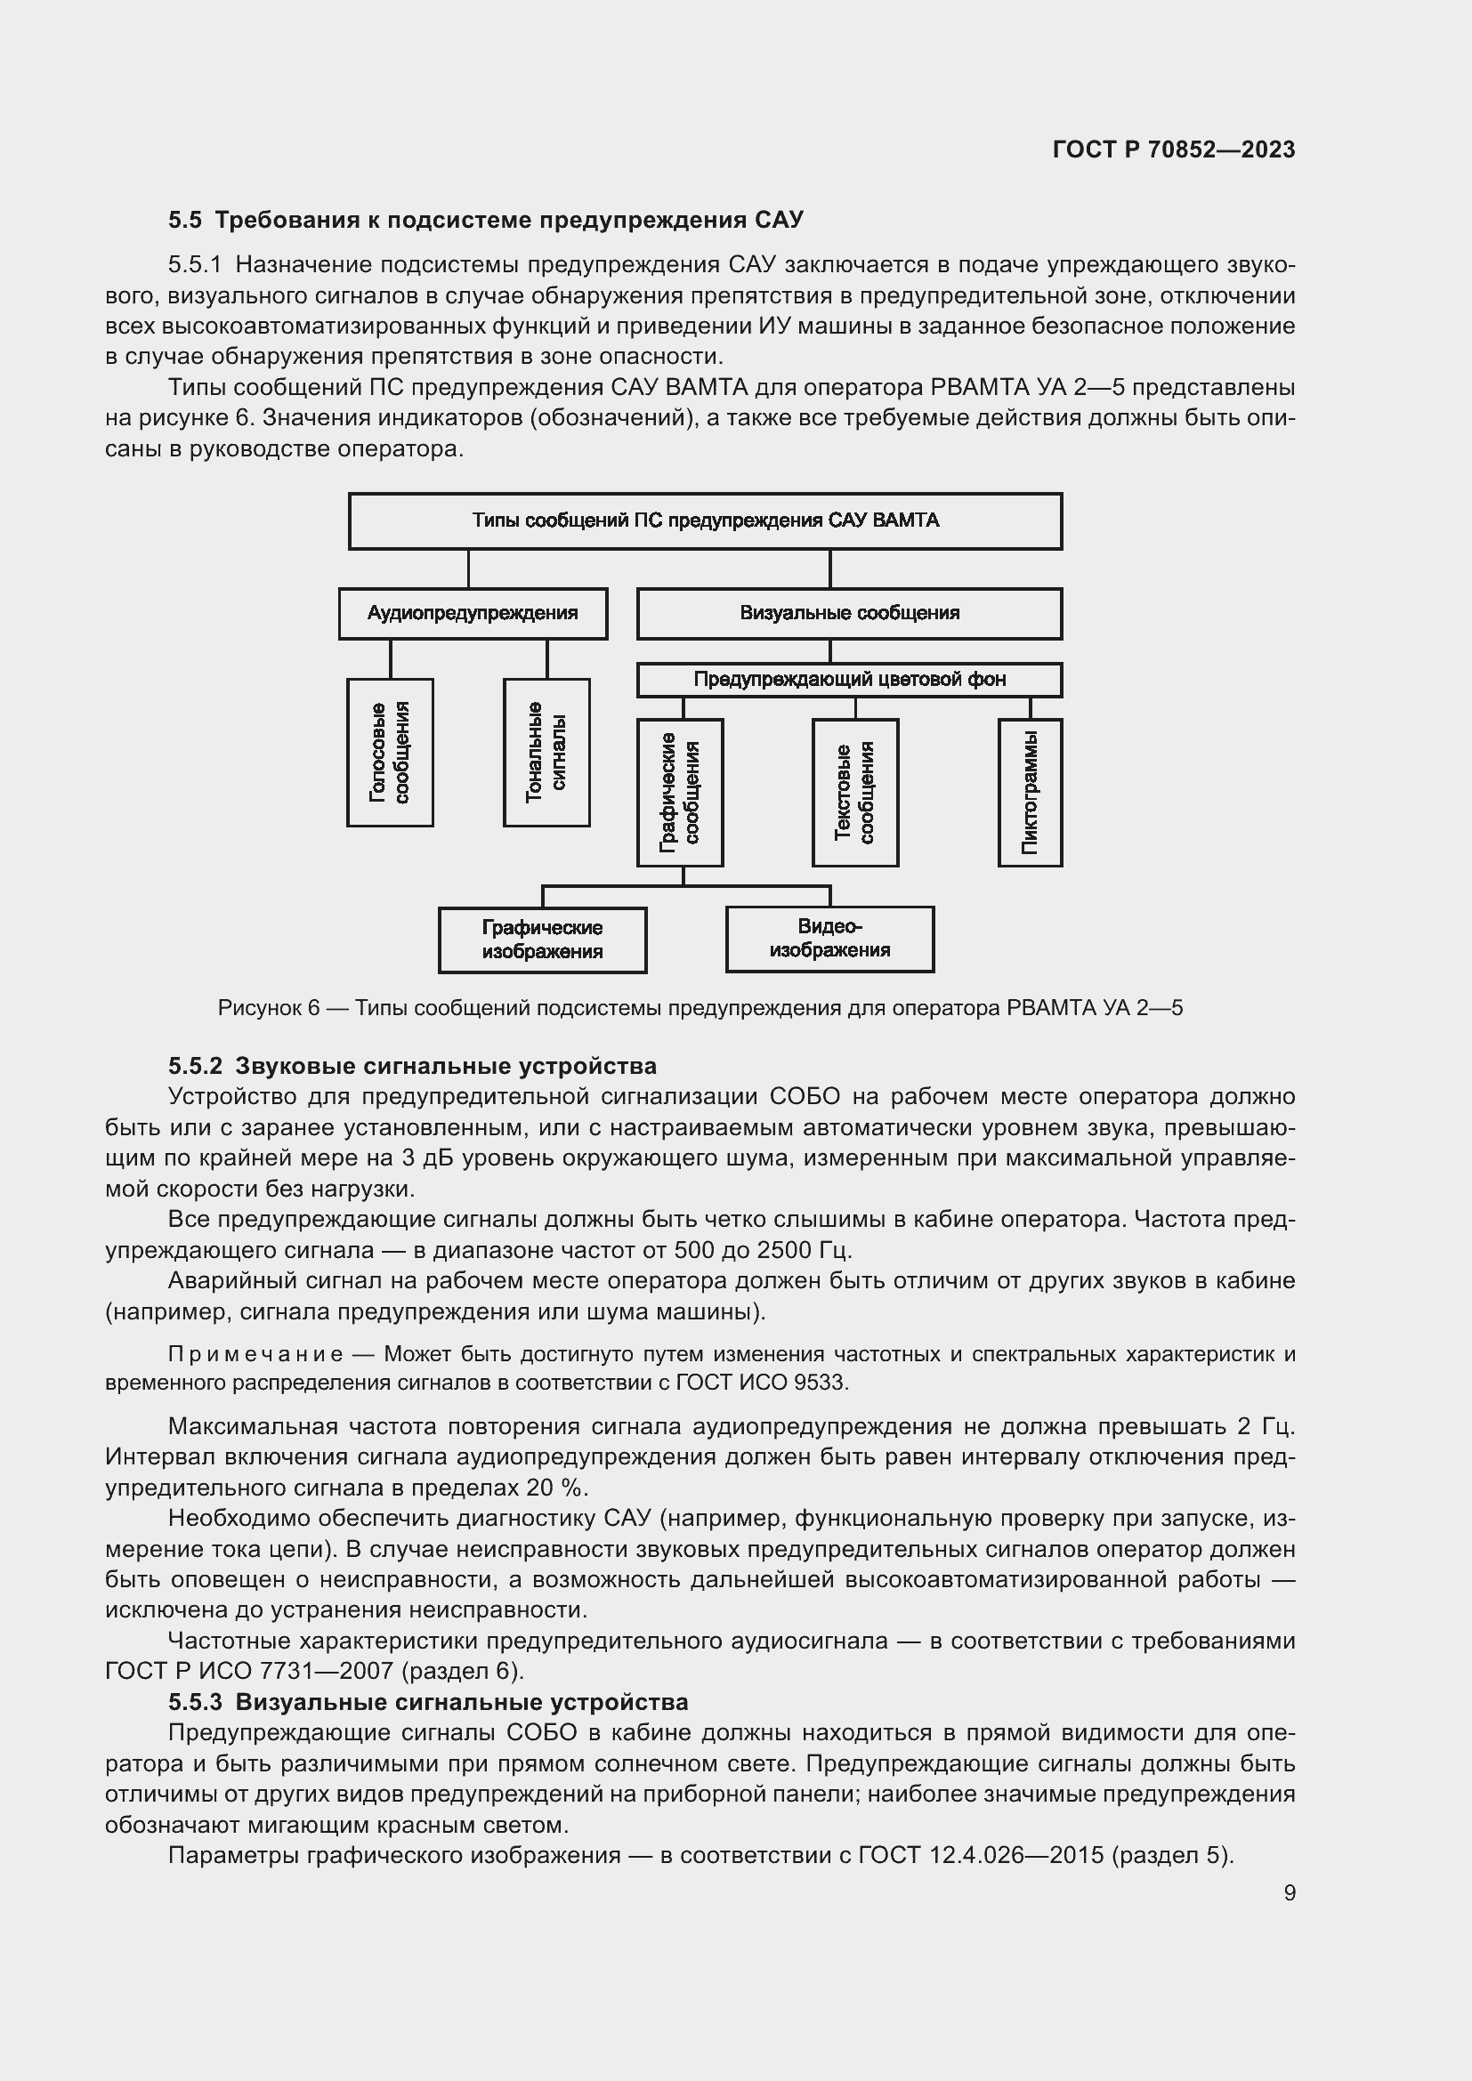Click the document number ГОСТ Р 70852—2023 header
(x=1173, y=149)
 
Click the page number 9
(x=1289, y=1892)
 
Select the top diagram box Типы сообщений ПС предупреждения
(x=705, y=520)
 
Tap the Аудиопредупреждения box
(x=473, y=613)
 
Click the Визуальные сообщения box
(x=849, y=613)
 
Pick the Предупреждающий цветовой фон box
(x=849, y=680)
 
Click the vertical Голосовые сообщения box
(x=390, y=753)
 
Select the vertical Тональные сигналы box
(x=546, y=753)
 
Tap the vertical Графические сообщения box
(x=680, y=792)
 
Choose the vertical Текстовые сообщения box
(x=854, y=792)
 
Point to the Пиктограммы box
(x=1030, y=792)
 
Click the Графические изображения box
(x=542, y=939)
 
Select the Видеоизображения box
(x=829, y=938)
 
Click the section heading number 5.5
(x=185, y=221)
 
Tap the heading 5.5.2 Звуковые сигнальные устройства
(x=412, y=1066)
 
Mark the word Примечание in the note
(x=255, y=1354)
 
